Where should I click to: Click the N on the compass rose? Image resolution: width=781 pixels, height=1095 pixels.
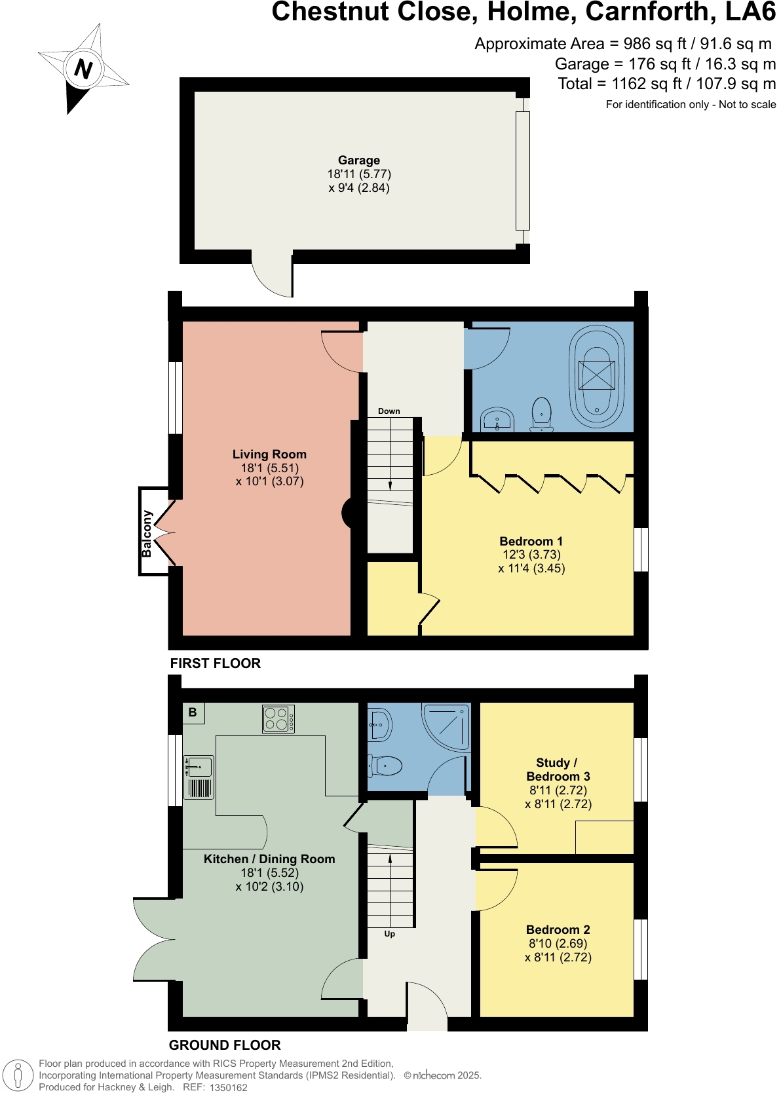click(83, 68)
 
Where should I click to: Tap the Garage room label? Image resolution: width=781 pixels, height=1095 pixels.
click(358, 160)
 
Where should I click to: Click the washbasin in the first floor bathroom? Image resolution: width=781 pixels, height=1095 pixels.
click(497, 420)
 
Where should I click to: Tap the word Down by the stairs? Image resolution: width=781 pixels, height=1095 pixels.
click(389, 411)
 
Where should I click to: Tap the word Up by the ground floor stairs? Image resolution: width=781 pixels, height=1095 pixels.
click(389, 934)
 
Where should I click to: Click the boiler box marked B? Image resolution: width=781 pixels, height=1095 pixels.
click(193, 713)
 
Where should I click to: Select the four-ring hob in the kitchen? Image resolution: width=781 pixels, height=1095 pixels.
click(278, 718)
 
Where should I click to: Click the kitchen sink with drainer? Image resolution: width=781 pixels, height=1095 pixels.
click(199, 777)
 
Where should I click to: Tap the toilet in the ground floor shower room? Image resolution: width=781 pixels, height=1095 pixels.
click(386, 765)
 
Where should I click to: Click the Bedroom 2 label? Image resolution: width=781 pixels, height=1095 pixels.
click(558, 929)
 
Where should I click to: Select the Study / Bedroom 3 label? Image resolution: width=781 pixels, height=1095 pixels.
click(558, 770)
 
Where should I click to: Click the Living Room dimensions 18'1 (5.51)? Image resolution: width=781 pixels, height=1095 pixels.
click(269, 468)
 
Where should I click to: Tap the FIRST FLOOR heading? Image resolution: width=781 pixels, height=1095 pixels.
click(215, 663)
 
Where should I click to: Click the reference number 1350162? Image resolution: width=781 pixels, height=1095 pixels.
click(228, 1088)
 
